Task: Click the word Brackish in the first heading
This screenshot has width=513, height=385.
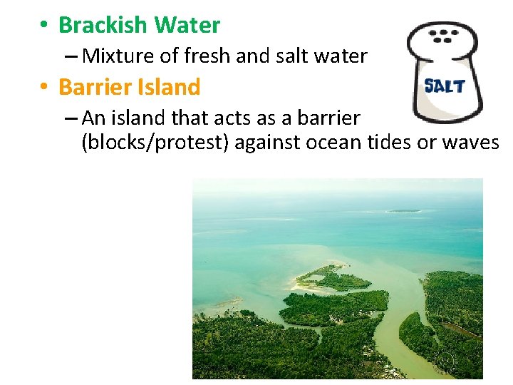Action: (103, 25)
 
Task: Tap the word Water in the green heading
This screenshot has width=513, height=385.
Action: (187, 25)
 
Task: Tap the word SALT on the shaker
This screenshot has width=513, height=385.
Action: (445, 86)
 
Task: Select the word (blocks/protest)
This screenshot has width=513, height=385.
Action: (155, 143)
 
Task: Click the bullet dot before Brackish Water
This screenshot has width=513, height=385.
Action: (43, 26)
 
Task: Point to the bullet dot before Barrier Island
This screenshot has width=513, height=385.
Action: (43, 88)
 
